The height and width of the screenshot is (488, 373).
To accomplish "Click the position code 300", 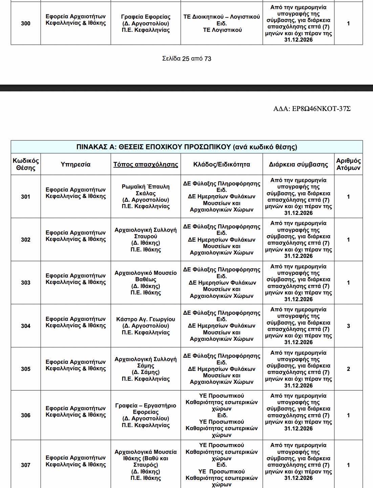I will pos(26,23).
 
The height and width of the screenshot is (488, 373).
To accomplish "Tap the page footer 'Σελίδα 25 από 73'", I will pos(186,59).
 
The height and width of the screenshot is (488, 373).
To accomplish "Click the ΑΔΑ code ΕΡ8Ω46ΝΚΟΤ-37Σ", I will pos(312,109).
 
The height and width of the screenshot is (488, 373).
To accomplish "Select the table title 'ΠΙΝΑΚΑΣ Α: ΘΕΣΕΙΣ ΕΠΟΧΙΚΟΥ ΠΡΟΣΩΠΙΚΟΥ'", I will pos(186,147).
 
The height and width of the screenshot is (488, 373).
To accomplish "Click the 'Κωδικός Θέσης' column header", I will pos(26,164).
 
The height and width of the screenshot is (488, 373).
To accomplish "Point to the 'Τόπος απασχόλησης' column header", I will pos(146,164).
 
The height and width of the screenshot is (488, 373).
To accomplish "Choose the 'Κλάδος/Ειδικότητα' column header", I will pos(221,164).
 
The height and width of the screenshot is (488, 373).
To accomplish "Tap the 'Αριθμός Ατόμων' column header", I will pos(348,164).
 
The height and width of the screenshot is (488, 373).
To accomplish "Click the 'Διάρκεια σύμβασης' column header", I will pos(298,164).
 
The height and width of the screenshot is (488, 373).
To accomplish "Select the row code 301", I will pos(26,197).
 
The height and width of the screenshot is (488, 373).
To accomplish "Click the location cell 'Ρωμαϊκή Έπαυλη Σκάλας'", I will pos(146,196).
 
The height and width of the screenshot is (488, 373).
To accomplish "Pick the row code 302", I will pos(26,240).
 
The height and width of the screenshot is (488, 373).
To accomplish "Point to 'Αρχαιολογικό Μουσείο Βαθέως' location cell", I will pos(146,283).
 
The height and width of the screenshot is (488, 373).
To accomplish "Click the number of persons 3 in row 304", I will pos(348,326).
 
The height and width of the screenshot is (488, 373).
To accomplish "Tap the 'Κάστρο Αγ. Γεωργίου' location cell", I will pos(146,326).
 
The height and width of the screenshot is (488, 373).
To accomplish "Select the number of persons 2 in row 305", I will pos(348,369).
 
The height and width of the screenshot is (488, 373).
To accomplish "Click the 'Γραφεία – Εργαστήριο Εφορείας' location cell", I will pos(146,415).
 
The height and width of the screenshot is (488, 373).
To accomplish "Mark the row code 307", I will pos(26,465).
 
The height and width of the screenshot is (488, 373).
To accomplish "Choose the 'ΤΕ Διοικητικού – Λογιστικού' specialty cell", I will pos(221,23).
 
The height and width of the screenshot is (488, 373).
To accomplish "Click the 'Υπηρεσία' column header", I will pos(75,164).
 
